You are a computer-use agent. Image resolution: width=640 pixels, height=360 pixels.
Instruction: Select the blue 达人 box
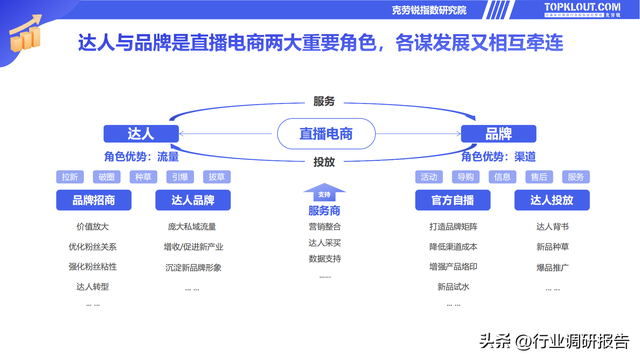141,134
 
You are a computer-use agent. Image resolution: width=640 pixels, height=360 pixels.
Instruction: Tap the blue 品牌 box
498,134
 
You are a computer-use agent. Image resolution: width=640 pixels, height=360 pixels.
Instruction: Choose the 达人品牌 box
192,200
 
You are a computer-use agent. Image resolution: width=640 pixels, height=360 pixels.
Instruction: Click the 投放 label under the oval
324,161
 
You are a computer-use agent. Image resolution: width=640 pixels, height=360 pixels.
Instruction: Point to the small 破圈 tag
106,177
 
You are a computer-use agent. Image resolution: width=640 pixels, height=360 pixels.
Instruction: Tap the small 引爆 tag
179,177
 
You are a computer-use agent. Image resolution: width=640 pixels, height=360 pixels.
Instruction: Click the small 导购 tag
466,177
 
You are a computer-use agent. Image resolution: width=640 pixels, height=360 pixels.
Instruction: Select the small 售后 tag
539,177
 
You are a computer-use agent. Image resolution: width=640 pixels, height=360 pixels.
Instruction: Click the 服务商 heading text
324,211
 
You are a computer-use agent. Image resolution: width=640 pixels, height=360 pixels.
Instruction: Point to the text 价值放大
92,227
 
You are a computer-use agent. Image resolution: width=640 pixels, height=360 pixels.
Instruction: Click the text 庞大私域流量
191,227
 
